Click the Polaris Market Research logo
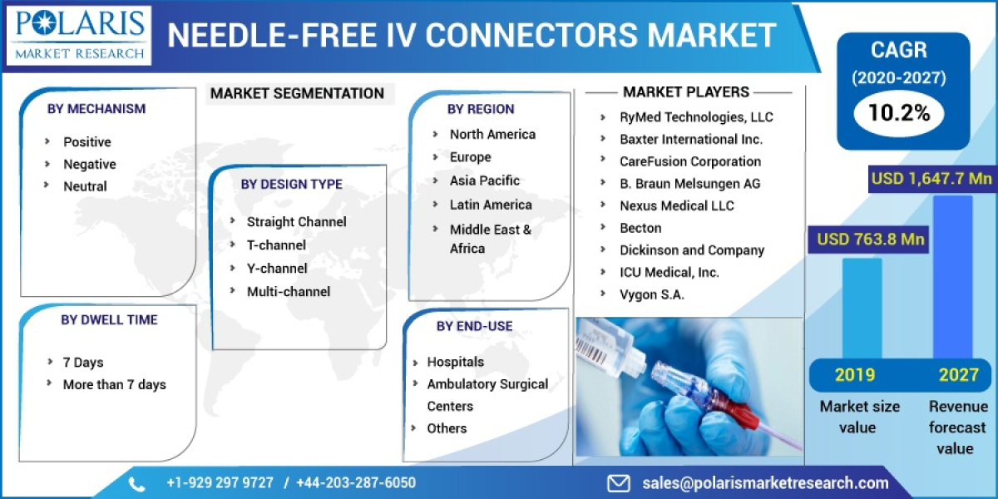point(80,35)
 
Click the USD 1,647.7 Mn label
point(931,178)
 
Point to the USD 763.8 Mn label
point(869,240)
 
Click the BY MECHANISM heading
point(96,108)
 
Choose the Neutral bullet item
point(85,186)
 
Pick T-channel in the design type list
point(276,245)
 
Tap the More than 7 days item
point(114,384)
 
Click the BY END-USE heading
point(474,326)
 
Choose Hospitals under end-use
point(455,362)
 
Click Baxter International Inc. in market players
point(690,140)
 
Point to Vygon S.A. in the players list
point(651,294)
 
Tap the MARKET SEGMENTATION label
point(297,93)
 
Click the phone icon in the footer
point(136,482)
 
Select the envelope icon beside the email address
point(618,482)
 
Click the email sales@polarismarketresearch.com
point(764,482)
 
